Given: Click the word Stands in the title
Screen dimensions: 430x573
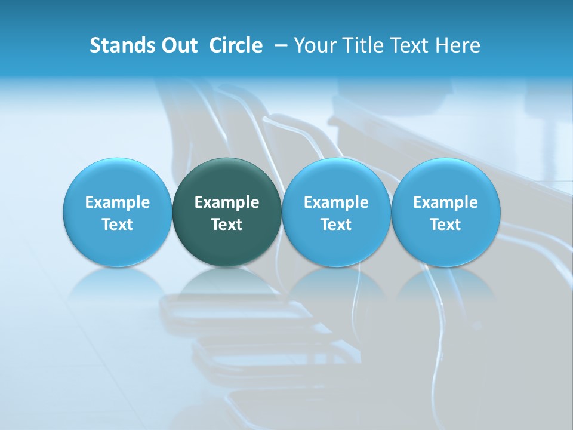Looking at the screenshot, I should pyautogui.click(x=119, y=45).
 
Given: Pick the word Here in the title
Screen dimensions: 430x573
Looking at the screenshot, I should pyautogui.click(x=458, y=45).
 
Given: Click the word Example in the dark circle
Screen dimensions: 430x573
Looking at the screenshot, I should pyautogui.click(x=227, y=203).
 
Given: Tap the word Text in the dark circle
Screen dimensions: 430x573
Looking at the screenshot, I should pyautogui.click(x=227, y=225).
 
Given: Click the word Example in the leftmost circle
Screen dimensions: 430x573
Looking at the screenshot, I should pyautogui.click(x=118, y=203).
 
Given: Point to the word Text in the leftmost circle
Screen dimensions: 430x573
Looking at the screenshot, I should pyautogui.click(x=118, y=225).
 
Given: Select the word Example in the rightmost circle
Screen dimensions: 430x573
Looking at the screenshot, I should pyautogui.click(x=446, y=203).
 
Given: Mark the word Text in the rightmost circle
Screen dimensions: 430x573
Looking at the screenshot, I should pyautogui.click(x=446, y=225).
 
